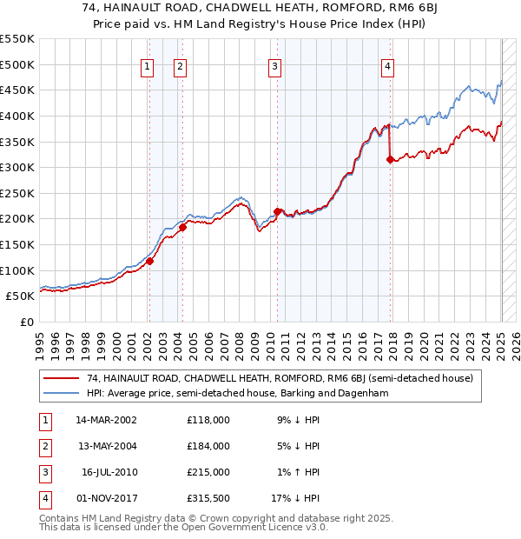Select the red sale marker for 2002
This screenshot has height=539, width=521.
coord(149,260)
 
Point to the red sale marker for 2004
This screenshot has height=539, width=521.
coord(183,227)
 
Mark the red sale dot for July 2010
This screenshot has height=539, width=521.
coord(277,210)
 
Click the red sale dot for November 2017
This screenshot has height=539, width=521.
coord(390,159)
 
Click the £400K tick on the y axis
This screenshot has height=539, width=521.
coord(17,116)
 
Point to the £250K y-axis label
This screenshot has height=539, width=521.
coord(17,193)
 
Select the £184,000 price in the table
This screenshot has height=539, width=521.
coord(208,446)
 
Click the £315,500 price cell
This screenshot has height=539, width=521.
coord(208,498)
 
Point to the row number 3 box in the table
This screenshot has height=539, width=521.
coord(43,472)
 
